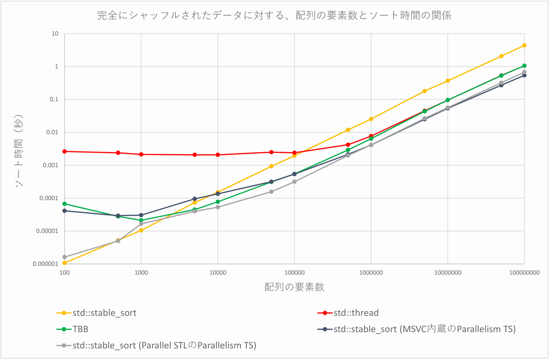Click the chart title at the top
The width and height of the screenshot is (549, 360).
pos(274,16)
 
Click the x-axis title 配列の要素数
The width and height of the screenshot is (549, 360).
pos(294,287)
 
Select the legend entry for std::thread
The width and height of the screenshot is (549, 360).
pos(356,313)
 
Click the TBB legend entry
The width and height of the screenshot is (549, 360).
pos(81,329)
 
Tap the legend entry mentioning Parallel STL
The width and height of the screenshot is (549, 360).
pos(164,345)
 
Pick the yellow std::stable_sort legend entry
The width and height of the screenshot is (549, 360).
pos(105,313)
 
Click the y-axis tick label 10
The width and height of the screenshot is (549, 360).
pos(55,33)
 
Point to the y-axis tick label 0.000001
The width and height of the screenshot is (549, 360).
pos(45,264)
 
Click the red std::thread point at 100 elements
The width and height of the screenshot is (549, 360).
pos(64,151)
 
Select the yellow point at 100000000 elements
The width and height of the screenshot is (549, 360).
pos(524,45)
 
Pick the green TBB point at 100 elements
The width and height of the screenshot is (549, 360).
pos(64,204)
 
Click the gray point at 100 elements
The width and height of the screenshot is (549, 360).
pos(64,257)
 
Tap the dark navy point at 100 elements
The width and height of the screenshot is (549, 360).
pos(64,210)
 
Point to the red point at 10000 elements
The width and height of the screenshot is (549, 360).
pos(218,155)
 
